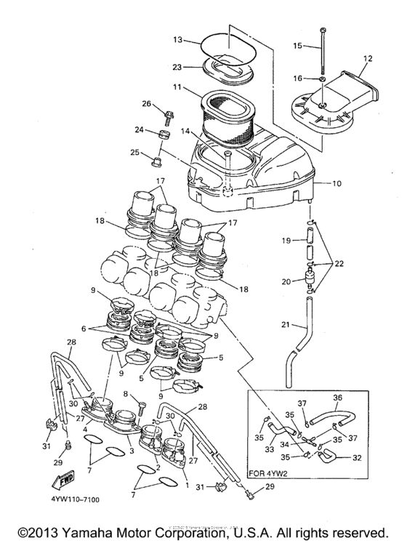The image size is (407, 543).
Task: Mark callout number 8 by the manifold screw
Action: pyautogui.click(x=126, y=394)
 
